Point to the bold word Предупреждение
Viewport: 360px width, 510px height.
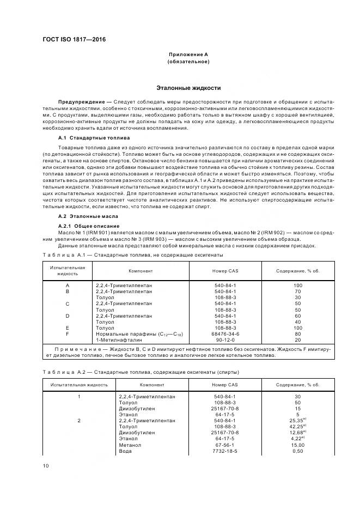point(81,102)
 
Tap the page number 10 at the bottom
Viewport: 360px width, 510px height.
point(46,465)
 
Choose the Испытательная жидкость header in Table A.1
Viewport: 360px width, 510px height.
point(68,270)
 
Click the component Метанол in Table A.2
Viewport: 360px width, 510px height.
point(129,445)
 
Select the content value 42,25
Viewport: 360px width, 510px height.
point(296,426)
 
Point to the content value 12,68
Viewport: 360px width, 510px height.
point(296,432)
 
